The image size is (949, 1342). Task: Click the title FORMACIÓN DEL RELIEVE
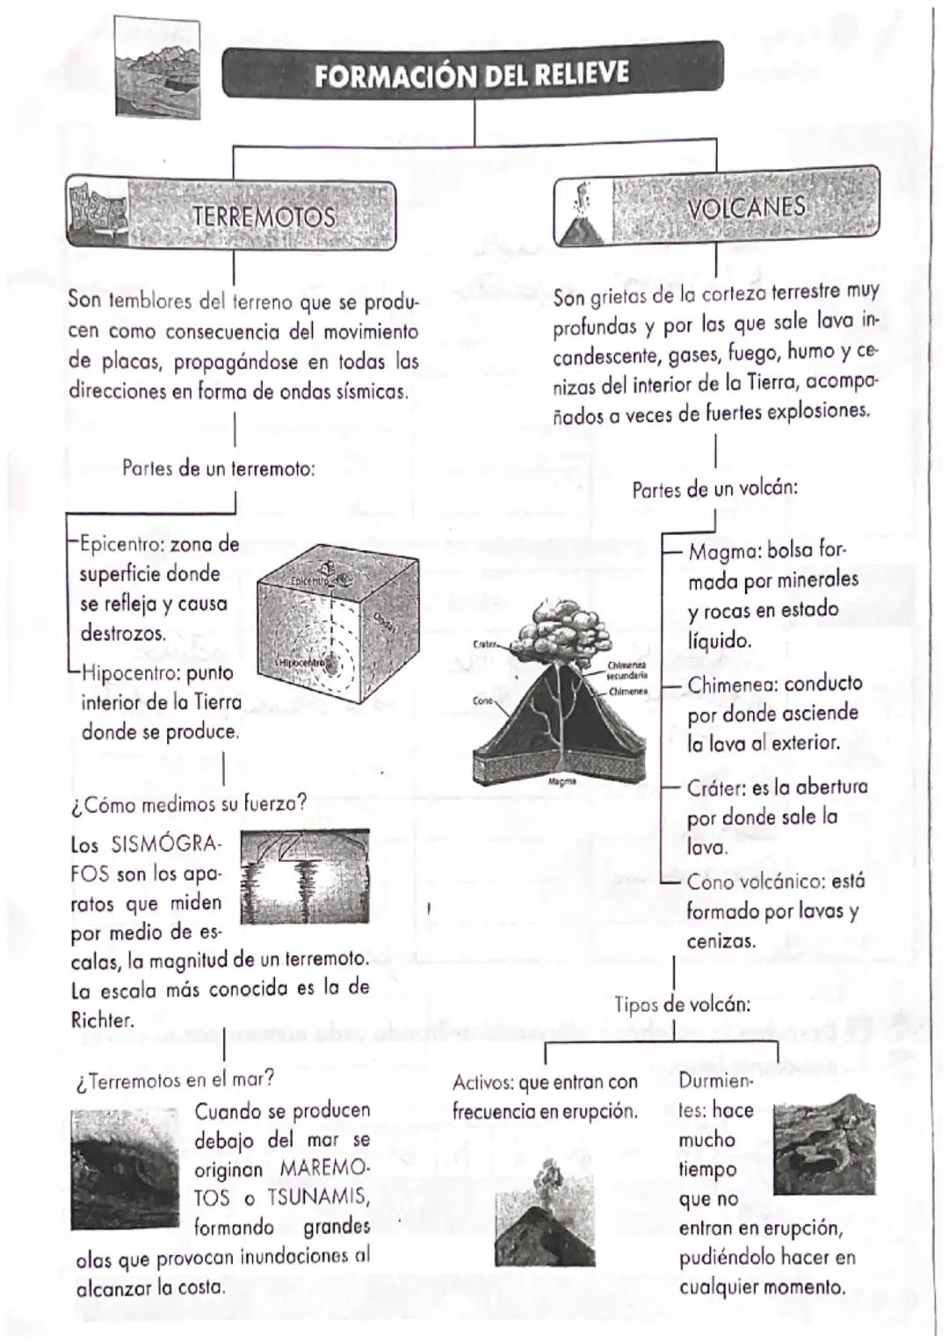(x=472, y=74)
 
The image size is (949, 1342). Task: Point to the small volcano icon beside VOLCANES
(x=580, y=215)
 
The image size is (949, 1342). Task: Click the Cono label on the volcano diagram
(x=483, y=701)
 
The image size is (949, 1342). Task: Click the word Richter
(x=102, y=1020)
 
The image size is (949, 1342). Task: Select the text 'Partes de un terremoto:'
(x=219, y=468)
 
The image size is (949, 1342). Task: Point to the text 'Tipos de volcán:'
(x=682, y=1004)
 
